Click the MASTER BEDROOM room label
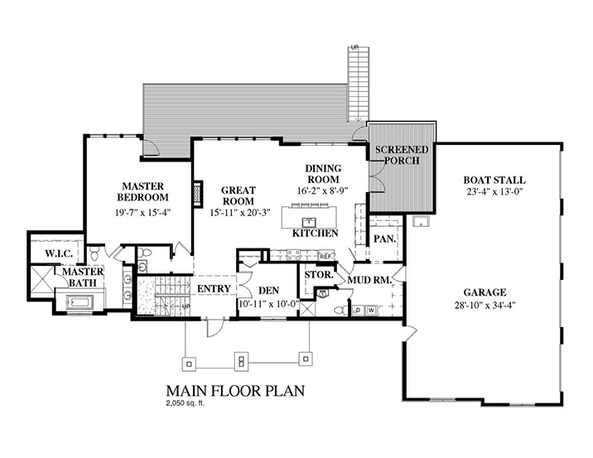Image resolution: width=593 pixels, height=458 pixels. tap(143, 192)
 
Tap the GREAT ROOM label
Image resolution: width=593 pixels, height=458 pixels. tap(239, 195)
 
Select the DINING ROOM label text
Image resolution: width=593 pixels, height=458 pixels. tap(323, 174)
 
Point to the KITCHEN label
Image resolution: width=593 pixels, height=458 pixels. tap(315, 234)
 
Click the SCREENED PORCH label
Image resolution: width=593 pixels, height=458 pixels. tap(402, 155)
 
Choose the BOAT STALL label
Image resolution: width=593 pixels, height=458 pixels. tap(494, 180)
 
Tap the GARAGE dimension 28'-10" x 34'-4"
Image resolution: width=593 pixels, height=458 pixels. tap(485, 305)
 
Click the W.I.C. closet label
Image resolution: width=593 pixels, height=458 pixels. tap(59, 253)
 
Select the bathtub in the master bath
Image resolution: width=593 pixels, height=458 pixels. tap(79, 302)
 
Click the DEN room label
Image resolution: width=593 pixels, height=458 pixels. tap(269, 291)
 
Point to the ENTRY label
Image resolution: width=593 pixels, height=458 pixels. tap(214, 288)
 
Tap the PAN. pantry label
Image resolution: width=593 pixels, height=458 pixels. tap(384, 239)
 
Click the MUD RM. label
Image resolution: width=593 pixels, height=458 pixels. tap(369, 280)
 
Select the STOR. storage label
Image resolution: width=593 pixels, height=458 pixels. tap(319, 275)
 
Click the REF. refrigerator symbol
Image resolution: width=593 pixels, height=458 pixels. tap(326, 256)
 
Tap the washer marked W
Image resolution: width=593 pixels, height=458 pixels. tap(372, 311)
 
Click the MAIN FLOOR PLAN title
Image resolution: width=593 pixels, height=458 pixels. tap(235, 391)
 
